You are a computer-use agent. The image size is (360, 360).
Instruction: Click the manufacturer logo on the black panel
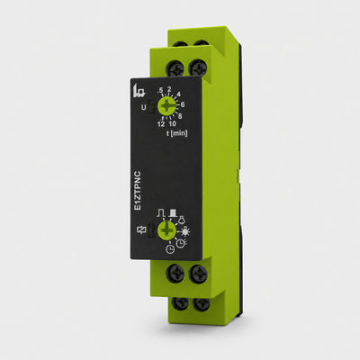point(139,90)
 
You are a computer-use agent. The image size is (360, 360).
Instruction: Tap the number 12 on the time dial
point(161,124)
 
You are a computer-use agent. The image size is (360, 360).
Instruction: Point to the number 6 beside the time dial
point(183,104)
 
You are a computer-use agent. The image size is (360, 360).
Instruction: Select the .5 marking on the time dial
point(161,90)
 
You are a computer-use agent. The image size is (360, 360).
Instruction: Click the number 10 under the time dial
point(172,123)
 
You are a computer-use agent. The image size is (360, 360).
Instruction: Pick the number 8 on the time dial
point(180,115)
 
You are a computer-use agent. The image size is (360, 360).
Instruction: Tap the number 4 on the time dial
point(179,94)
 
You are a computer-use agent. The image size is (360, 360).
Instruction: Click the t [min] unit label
point(177,133)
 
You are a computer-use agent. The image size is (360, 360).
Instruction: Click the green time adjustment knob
point(166,106)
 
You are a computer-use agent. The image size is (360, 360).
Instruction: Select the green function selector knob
point(166,230)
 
